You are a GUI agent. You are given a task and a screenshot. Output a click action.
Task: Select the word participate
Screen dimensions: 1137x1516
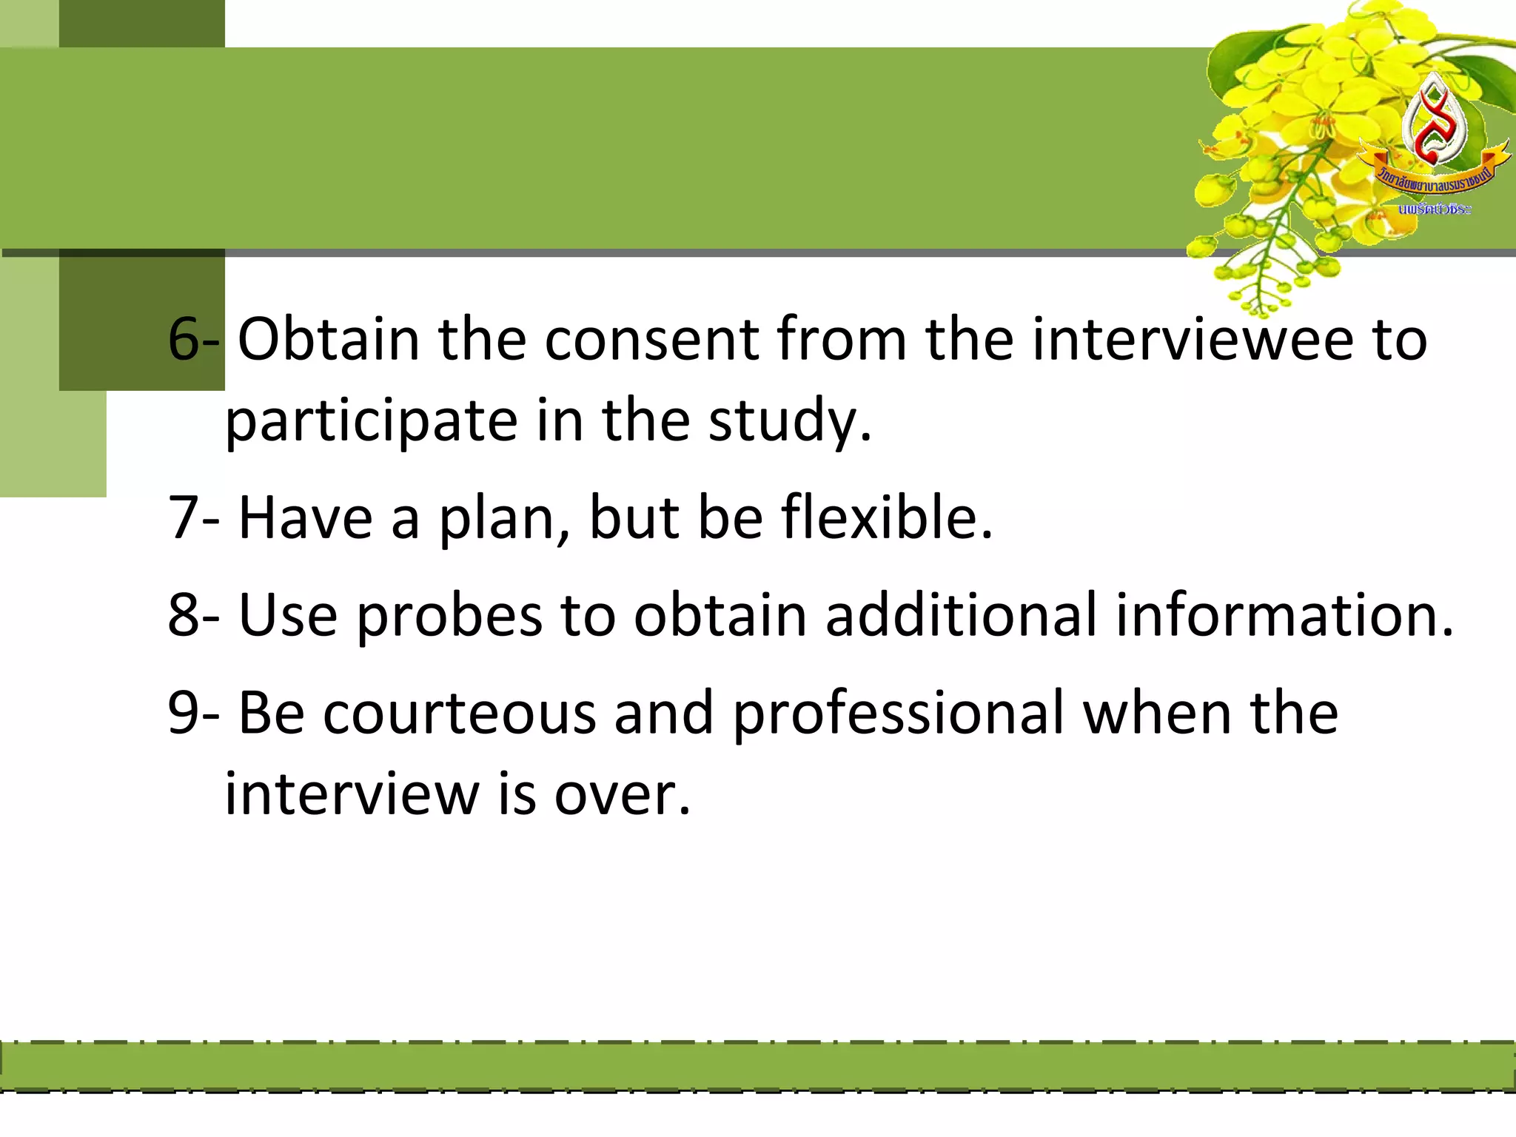[370, 421]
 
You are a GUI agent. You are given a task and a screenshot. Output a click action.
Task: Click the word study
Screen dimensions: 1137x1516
[789, 421]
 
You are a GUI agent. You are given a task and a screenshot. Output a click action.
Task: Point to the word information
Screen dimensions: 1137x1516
[1284, 614]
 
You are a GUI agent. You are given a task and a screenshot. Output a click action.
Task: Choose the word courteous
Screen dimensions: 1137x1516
[459, 713]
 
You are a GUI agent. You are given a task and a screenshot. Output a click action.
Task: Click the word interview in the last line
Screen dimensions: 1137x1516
[352, 795]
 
